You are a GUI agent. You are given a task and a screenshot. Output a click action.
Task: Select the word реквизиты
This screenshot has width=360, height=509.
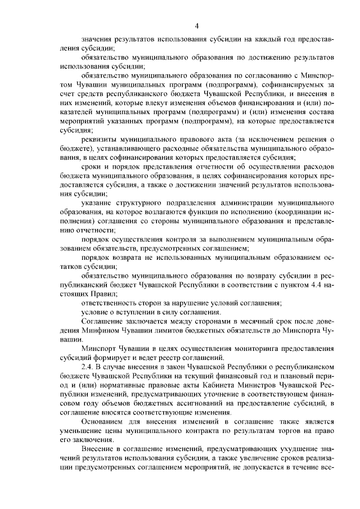point(99,139)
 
